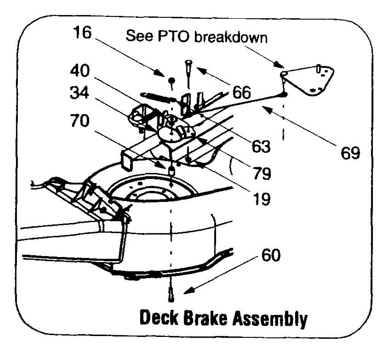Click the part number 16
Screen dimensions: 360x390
click(x=82, y=33)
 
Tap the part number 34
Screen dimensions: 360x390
click(x=80, y=94)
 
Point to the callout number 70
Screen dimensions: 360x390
click(x=79, y=121)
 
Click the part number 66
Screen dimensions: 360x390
click(x=241, y=93)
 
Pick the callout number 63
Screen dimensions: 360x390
click(x=261, y=146)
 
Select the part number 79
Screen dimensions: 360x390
click(x=262, y=173)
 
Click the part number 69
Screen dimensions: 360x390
click(x=350, y=153)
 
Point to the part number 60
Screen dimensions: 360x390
click(x=271, y=255)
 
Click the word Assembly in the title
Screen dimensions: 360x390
click(x=270, y=319)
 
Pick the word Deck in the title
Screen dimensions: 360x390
click(x=159, y=318)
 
